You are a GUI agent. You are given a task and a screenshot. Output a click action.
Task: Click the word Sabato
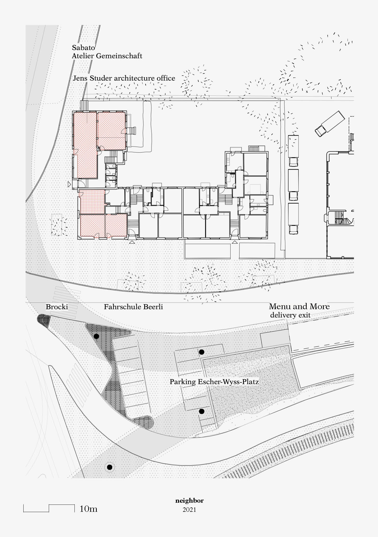(83, 48)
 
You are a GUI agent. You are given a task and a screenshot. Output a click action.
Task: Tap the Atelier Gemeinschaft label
(107, 56)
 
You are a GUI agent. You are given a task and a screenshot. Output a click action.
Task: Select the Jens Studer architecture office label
(124, 78)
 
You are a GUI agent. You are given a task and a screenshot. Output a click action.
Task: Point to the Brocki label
(57, 307)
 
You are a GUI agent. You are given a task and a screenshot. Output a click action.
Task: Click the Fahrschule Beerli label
(133, 307)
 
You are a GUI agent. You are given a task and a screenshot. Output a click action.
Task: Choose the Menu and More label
(299, 306)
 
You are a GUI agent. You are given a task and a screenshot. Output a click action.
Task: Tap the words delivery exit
(290, 315)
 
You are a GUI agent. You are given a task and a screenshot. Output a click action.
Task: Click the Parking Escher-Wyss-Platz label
(214, 382)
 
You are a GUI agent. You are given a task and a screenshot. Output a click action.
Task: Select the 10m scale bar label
(88, 509)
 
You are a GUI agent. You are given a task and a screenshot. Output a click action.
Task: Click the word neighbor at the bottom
(189, 501)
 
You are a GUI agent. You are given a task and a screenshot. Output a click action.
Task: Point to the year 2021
(189, 510)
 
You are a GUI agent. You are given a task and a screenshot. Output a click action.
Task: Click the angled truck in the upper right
(330, 124)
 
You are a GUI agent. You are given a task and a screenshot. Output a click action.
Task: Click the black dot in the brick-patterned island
(96, 336)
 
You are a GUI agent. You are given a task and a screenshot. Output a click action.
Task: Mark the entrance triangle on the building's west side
(69, 184)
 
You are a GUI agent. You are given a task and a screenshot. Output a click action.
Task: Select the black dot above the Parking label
(201, 352)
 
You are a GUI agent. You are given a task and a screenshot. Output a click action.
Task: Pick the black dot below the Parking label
(202, 411)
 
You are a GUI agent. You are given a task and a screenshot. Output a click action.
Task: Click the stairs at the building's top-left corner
(85, 105)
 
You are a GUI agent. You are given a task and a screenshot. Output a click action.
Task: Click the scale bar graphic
(49, 508)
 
